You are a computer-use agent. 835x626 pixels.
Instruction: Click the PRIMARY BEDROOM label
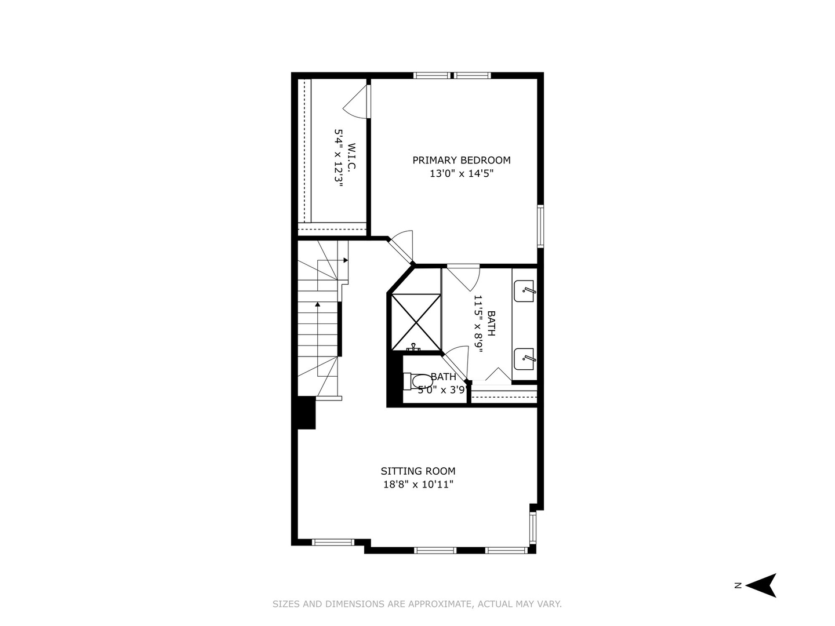tap(462, 160)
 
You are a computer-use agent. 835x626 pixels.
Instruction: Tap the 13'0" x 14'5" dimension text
tap(462, 174)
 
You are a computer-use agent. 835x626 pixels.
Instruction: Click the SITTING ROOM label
tap(418, 471)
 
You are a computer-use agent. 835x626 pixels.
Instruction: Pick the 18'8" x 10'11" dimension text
tap(418, 485)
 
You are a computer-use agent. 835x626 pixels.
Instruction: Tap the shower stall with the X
tap(416, 322)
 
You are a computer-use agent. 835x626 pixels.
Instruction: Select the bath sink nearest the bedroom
tap(524, 291)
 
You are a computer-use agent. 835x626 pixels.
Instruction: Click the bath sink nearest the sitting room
tap(524, 359)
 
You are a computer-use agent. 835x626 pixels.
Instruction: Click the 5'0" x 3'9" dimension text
tap(442, 390)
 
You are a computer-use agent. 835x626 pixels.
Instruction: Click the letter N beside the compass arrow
tap(738, 585)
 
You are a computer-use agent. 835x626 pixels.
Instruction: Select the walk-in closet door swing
tap(357, 102)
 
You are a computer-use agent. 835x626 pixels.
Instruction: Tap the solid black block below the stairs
tap(306, 413)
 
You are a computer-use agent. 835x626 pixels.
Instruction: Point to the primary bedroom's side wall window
tap(540, 226)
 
